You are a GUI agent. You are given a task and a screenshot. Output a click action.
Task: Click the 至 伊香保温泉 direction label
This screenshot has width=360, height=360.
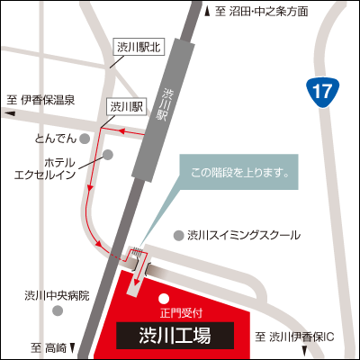41,100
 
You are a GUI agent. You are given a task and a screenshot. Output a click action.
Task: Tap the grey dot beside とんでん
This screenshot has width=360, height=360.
85,138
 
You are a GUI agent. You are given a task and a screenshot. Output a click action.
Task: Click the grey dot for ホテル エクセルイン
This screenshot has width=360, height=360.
108,155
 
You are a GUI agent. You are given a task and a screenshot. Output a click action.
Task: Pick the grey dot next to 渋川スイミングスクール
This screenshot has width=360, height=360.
178,234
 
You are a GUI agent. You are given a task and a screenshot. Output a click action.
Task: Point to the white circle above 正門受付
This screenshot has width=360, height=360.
163,299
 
